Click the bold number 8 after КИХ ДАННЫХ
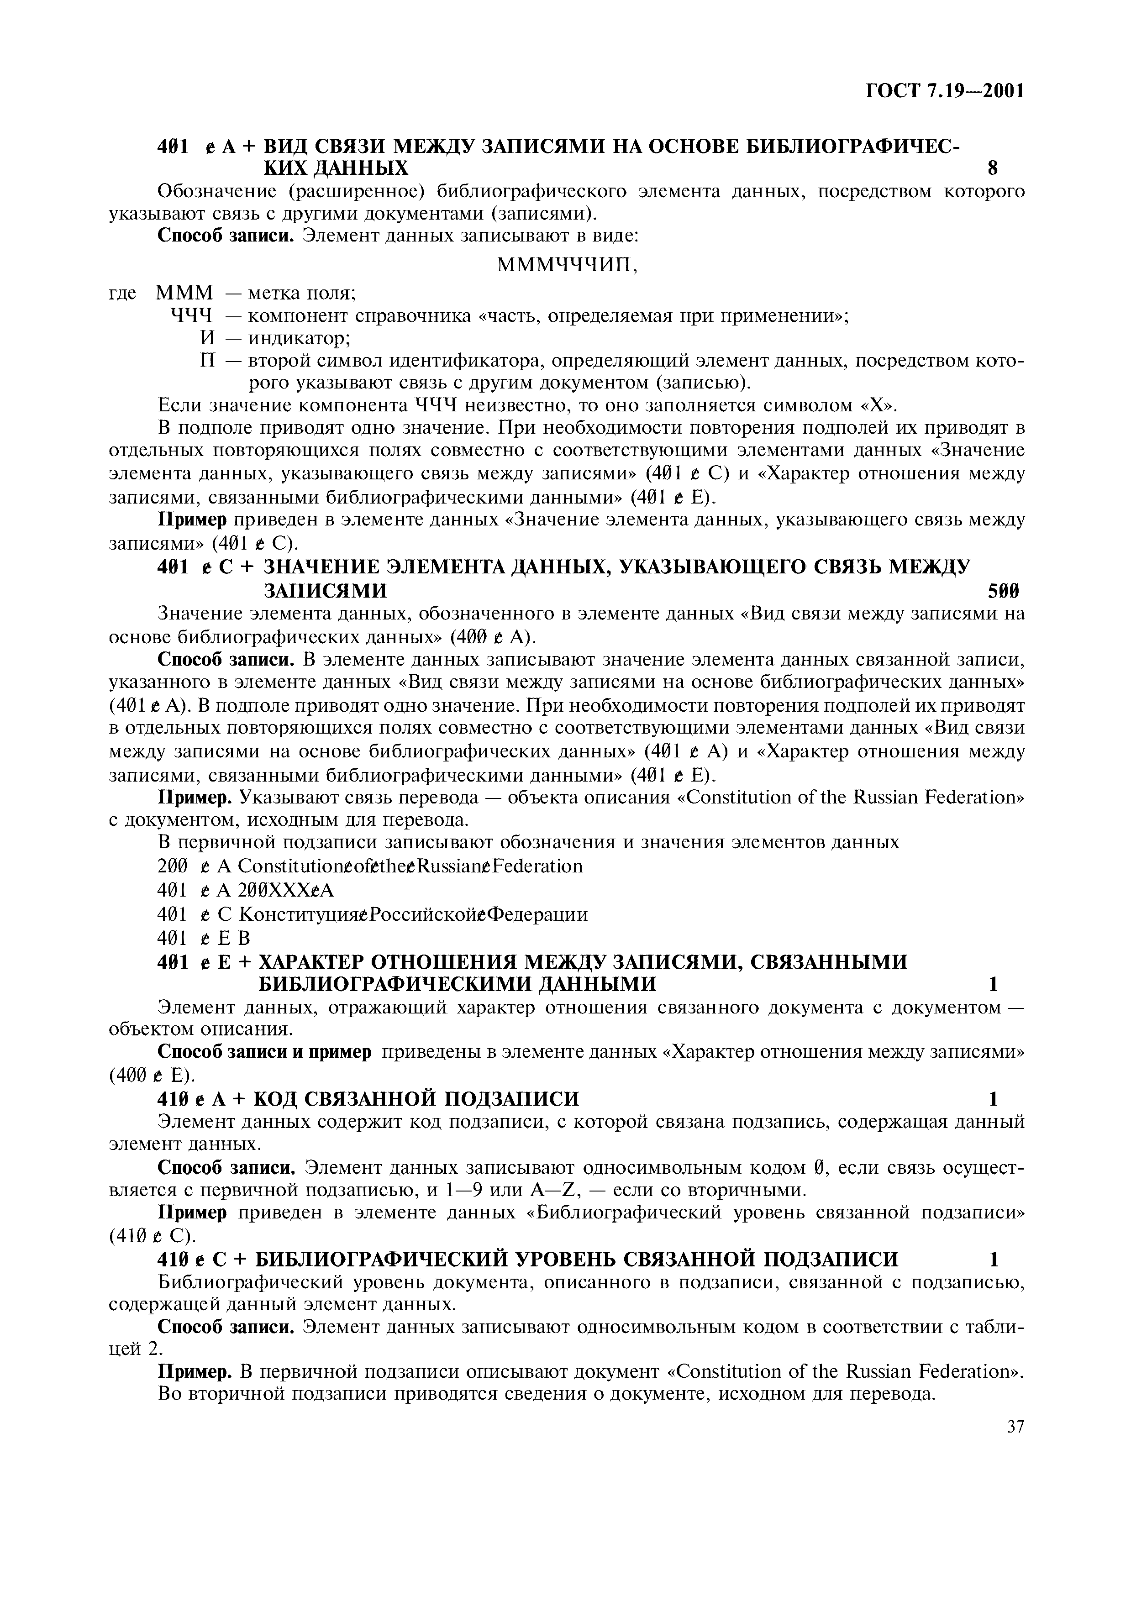(x=993, y=168)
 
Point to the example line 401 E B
(x=204, y=936)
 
